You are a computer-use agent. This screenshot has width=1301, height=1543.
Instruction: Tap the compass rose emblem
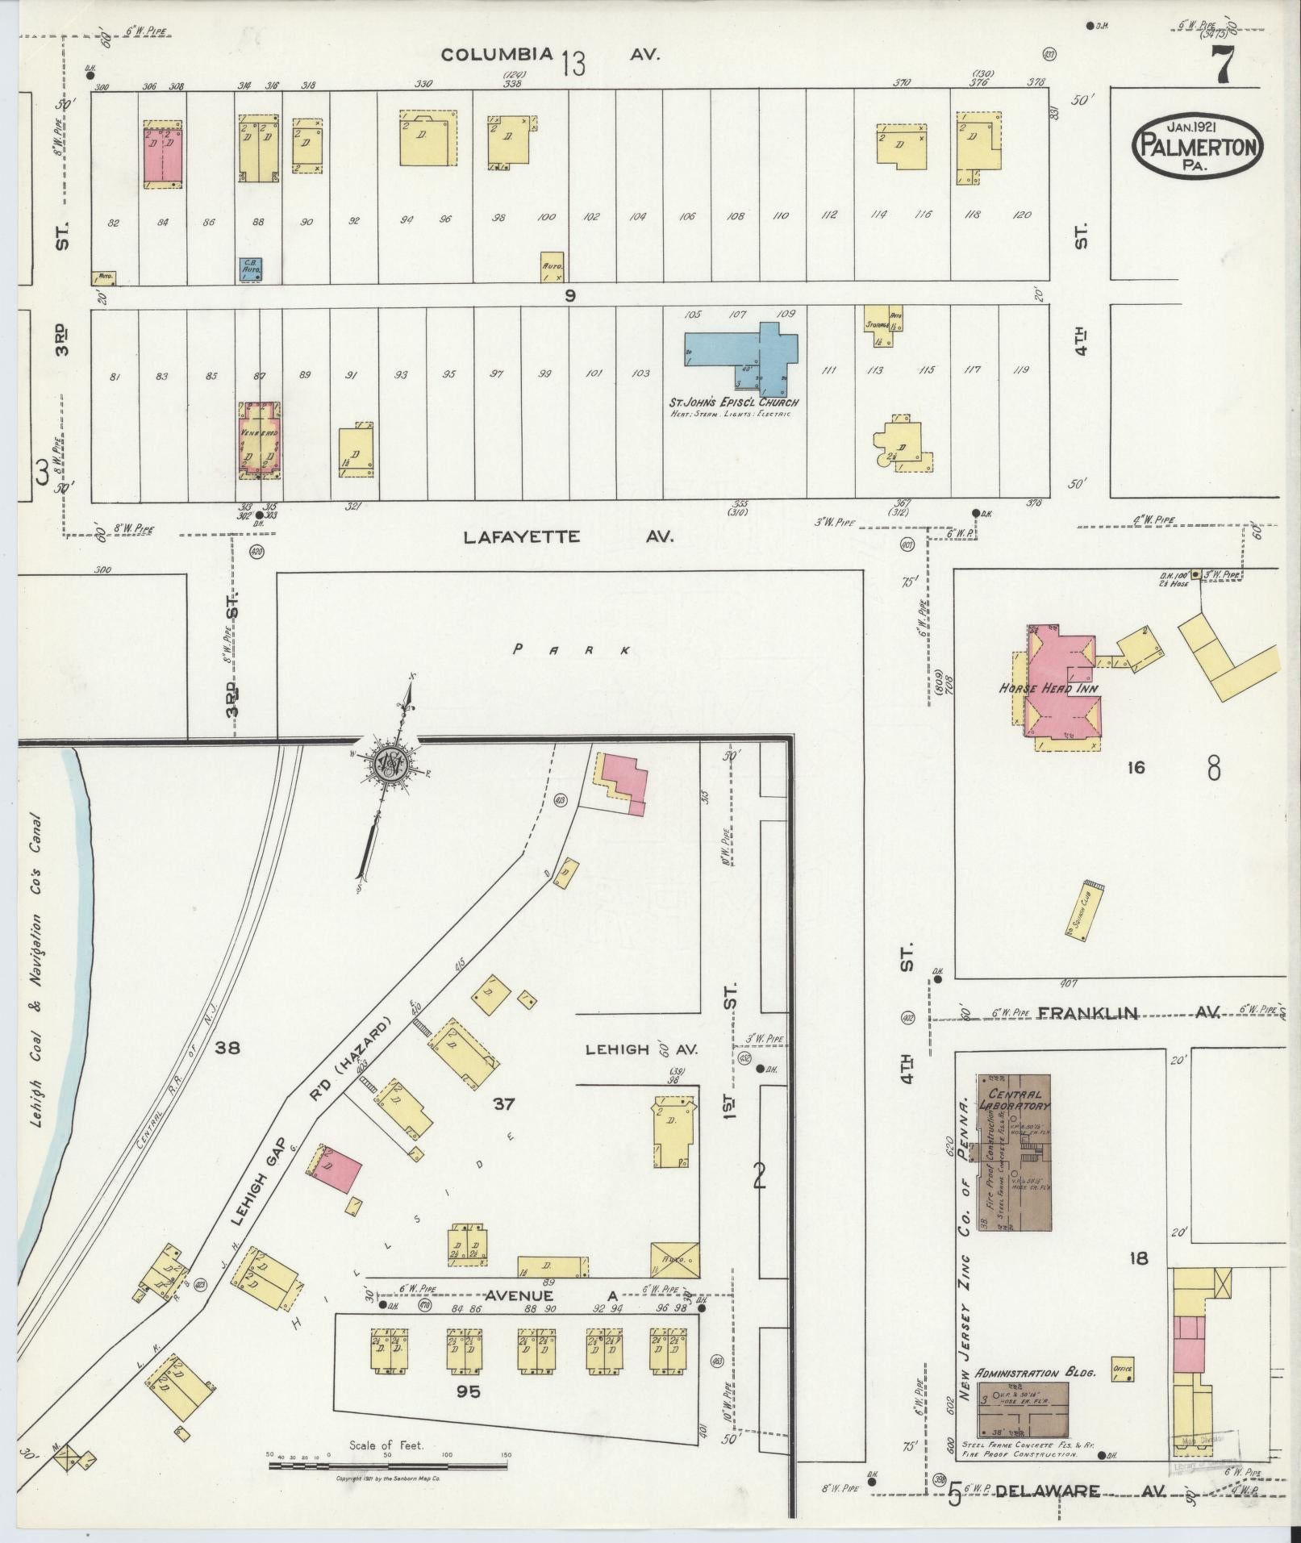(388, 763)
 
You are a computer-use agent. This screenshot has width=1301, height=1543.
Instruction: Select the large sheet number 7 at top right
(1221, 65)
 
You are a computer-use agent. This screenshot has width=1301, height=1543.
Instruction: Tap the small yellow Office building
(1122, 1369)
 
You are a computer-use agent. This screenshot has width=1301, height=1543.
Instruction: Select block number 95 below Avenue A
(468, 1391)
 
